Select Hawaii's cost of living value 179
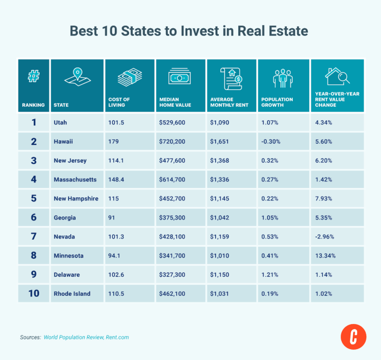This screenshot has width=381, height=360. pos(113,142)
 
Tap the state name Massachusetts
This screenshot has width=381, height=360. pos(75,180)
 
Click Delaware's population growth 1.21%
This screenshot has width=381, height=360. pos(270,274)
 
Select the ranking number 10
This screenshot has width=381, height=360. pos(34,294)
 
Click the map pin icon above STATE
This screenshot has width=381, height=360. pos(76,78)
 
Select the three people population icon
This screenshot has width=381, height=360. pos(283,78)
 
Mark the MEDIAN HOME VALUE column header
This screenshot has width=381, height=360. pos(173,102)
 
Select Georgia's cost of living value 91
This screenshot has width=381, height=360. pos(112,217)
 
